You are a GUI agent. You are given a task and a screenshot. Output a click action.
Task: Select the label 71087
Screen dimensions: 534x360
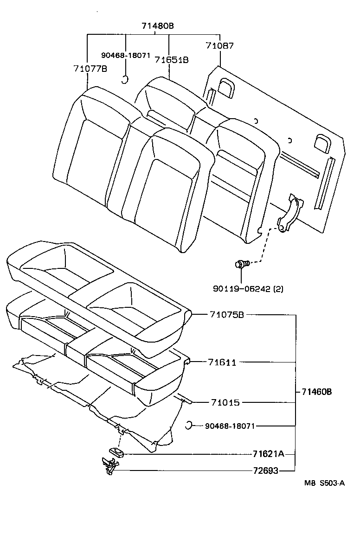click(x=219, y=46)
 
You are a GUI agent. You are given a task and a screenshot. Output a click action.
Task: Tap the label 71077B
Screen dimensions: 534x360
click(x=90, y=69)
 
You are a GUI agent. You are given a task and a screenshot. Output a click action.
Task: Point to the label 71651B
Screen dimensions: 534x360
click(x=172, y=60)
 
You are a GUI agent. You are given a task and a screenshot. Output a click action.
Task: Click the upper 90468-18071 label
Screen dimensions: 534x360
click(x=126, y=55)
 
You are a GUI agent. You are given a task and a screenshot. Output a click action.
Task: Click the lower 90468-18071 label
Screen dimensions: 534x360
click(x=230, y=426)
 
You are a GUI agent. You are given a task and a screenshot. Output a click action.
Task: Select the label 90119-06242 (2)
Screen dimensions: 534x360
click(x=248, y=288)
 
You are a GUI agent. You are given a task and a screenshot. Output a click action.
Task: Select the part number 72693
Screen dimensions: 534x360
click(x=266, y=471)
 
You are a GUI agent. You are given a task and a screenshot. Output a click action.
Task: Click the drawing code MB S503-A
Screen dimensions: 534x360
click(x=324, y=483)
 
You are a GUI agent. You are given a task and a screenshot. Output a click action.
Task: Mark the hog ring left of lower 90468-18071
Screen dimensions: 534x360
click(x=189, y=425)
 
